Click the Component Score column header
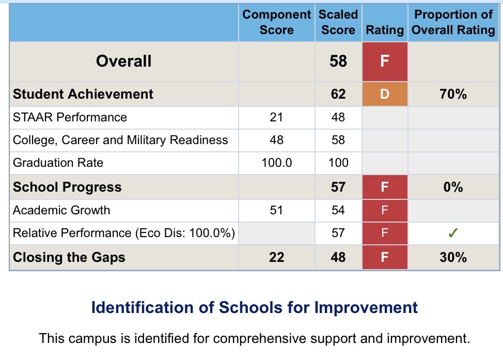(276, 22)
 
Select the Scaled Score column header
(338, 22)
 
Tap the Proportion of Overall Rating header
(453, 22)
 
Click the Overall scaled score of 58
(338, 61)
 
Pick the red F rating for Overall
(384, 61)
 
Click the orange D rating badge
(384, 94)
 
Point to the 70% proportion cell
(453, 94)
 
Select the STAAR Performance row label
(70, 117)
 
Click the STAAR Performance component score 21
(276, 117)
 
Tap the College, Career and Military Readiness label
(120, 140)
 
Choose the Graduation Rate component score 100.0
(276, 163)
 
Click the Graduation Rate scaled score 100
(338, 163)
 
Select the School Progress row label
(67, 187)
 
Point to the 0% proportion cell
(453, 187)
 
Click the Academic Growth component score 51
(276, 210)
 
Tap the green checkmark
(453, 233)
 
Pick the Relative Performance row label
(124, 233)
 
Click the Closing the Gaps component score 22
(276, 257)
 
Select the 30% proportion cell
(453, 257)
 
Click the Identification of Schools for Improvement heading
(254, 308)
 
